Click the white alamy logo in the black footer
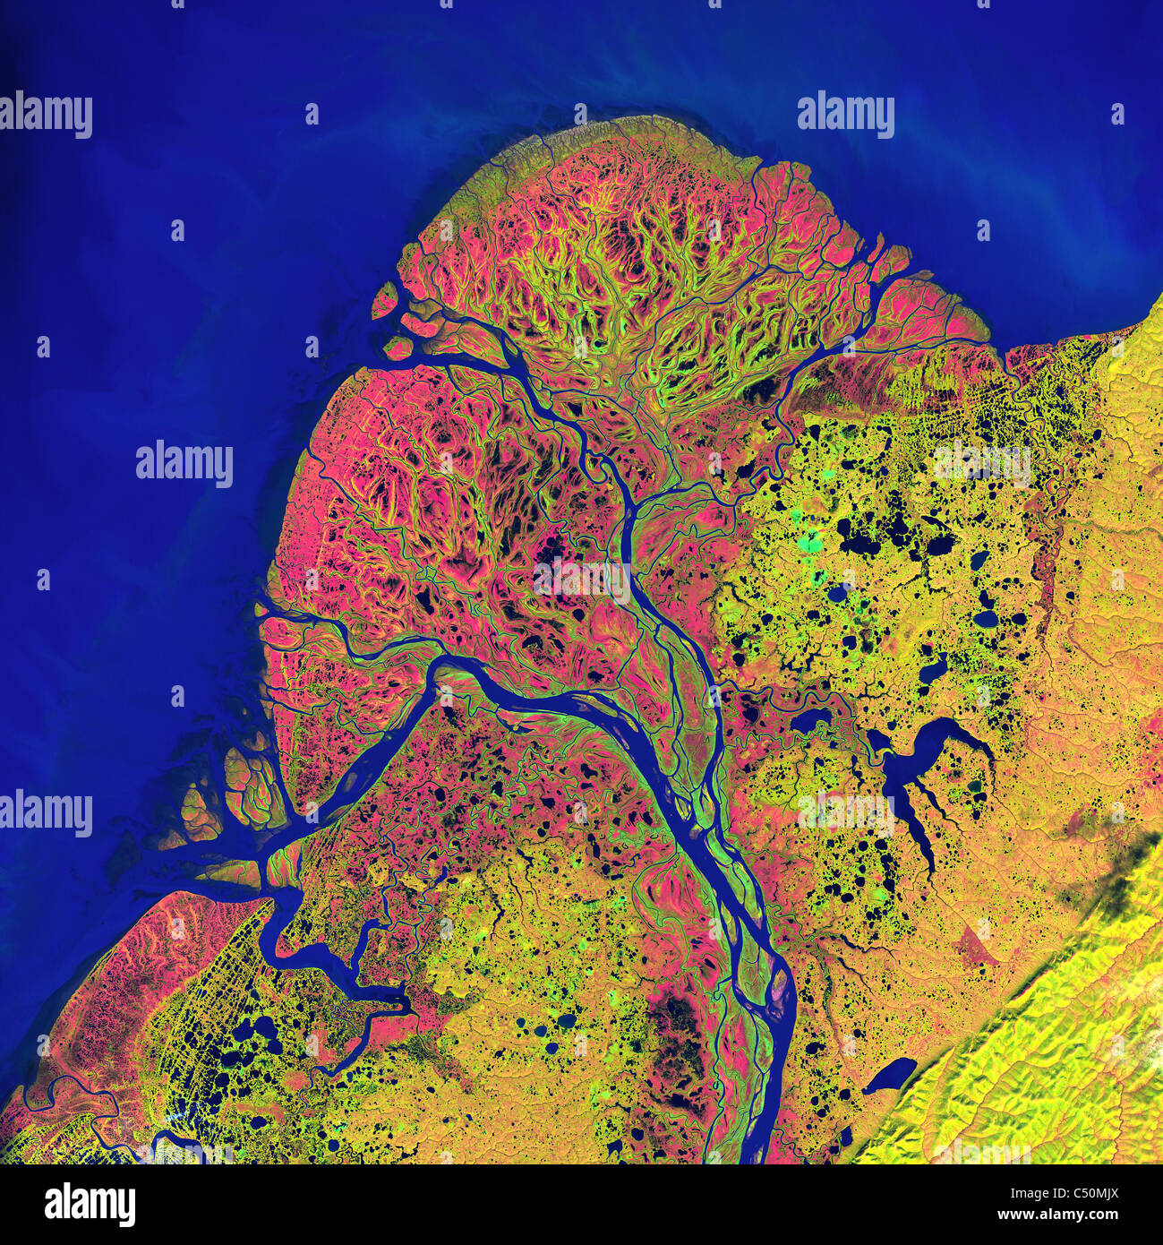tap(90, 1204)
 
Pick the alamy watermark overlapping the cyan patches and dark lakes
tap(982, 462)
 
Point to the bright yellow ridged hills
tap(1056, 1057)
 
